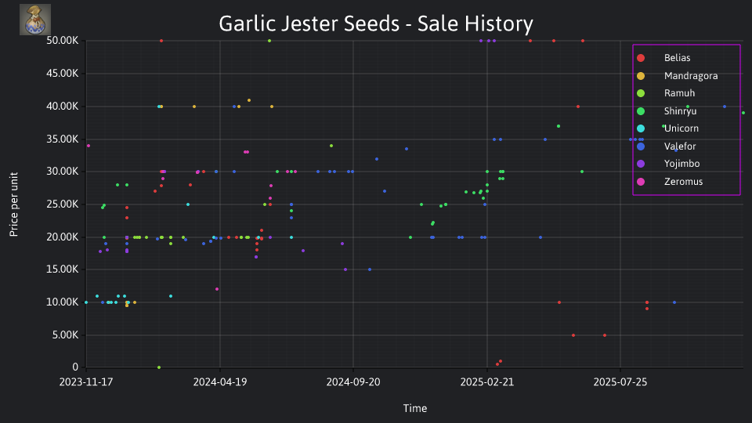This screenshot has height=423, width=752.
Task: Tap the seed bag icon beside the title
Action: (35, 20)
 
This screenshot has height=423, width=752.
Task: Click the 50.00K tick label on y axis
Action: (63, 41)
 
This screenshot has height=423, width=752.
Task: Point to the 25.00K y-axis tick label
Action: (63, 204)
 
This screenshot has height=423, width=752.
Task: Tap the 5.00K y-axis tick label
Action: (65, 334)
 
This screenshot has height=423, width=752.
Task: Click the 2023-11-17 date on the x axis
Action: (86, 381)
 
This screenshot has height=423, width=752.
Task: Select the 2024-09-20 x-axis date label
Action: (353, 381)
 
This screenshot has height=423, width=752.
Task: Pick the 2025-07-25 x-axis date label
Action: (620, 381)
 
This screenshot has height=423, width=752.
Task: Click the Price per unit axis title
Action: (14, 204)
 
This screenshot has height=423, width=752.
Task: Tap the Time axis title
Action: (415, 408)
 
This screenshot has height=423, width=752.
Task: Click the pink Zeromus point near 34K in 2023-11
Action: (89, 146)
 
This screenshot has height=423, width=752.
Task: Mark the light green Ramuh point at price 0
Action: (159, 367)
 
